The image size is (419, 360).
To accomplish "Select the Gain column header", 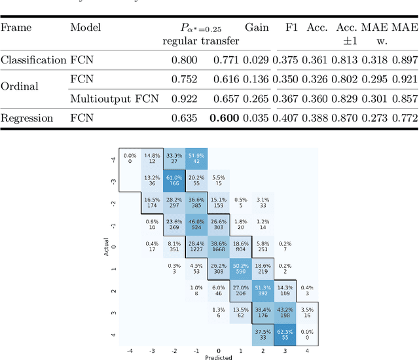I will point(257,27).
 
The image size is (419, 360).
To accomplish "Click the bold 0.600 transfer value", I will point(225,118).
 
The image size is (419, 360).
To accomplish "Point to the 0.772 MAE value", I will point(404,118).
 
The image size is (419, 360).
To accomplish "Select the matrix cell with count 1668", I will point(219,246).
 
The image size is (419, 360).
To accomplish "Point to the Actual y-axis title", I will point(107,245).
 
